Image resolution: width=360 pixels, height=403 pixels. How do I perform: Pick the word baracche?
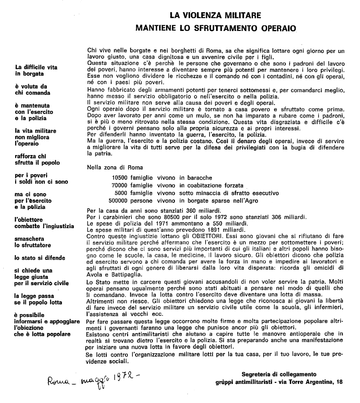198,178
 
